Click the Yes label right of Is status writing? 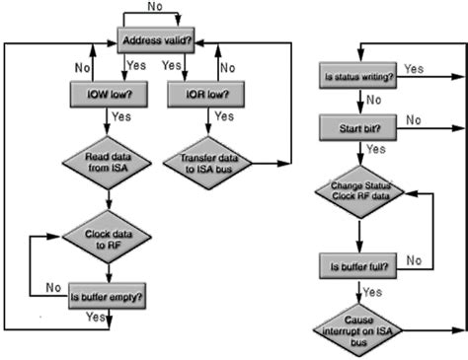click(x=415, y=69)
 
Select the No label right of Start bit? click(x=415, y=120)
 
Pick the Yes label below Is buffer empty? click(x=96, y=318)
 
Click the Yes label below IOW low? click(x=123, y=116)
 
